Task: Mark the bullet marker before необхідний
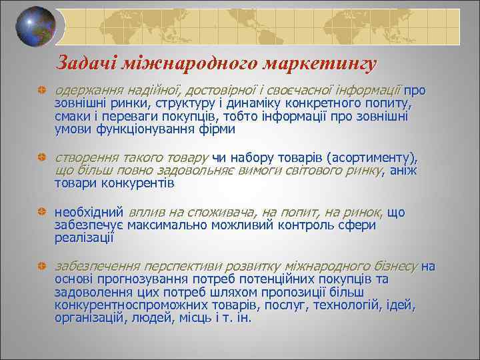pyautogui.click(x=41, y=213)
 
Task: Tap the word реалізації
pyautogui.click(x=84, y=238)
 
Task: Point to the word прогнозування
pyautogui.click(x=137, y=279)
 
